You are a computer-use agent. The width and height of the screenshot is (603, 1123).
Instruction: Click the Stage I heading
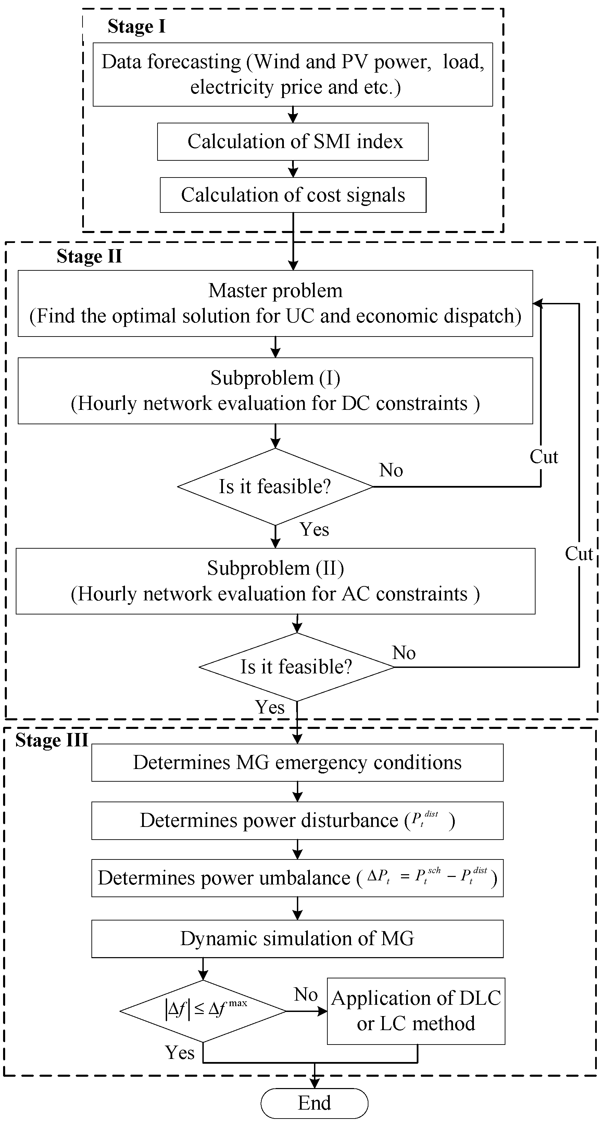click(x=136, y=27)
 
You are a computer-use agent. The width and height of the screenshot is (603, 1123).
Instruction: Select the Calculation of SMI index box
click(x=293, y=142)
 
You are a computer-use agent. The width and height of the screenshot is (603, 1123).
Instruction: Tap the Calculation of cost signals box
click(x=293, y=195)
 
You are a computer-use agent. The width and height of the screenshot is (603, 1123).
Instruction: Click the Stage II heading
click(x=89, y=256)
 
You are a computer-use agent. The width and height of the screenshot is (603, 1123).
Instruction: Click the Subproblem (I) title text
click(x=275, y=378)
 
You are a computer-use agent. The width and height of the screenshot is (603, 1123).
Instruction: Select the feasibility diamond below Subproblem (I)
click(x=275, y=487)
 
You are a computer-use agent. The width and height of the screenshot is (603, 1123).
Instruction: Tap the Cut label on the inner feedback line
click(x=544, y=457)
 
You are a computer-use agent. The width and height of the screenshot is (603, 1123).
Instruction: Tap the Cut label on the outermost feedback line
click(x=579, y=554)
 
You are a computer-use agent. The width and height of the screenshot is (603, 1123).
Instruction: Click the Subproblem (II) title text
click(x=275, y=568)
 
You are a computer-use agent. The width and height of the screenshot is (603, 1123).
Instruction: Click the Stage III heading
click(x=52, y=740)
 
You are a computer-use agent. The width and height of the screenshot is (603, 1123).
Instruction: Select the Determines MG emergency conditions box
click(x=297, y=762)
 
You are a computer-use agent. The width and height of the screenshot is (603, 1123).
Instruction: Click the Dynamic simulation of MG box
click(x=297, y=939)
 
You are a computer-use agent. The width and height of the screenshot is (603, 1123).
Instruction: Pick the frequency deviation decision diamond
click(x=203, y=1011)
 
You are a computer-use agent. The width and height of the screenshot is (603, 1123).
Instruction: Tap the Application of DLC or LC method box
click(x=416, y=1011)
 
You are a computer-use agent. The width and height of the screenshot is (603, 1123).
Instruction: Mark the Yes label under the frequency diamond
click(x=179, y=1052)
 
